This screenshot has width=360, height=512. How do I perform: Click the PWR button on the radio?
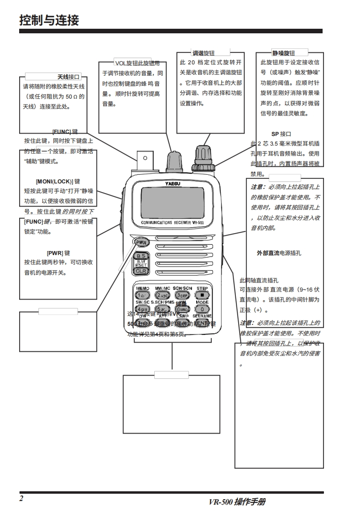(x=141, y=242)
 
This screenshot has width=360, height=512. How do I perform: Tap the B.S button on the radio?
(x=141, y=256)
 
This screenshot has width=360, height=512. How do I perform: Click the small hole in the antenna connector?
(x=145, y=158)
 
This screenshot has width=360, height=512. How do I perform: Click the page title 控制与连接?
(x=49, y=21)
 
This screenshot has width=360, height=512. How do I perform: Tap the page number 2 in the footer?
(x=21, y=498)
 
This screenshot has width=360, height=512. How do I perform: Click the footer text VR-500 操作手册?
(x=237, y=502)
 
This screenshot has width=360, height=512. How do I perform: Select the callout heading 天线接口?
(x=69, y=77)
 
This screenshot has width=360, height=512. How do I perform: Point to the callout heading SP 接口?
(x=281, y=134)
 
